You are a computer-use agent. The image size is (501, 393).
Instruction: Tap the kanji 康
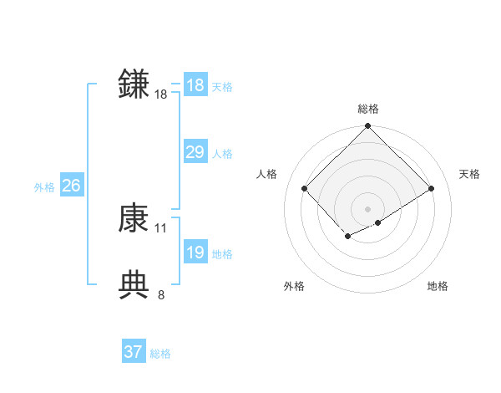134,218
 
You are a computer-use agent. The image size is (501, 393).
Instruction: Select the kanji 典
134,284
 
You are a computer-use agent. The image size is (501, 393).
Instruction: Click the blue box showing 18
195,85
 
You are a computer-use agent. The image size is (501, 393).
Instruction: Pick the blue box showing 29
195,152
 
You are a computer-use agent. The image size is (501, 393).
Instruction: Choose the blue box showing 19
195,253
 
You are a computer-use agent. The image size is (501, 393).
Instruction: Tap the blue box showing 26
71,186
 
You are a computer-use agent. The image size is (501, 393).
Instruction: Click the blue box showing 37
134,352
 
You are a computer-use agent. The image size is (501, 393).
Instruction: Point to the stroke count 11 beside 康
161,227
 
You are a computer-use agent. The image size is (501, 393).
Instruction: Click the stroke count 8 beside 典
161,294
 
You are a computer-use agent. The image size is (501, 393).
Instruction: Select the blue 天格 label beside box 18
222,86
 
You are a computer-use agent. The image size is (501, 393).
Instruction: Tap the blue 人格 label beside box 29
222,154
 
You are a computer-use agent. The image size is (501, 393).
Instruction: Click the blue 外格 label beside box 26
44,187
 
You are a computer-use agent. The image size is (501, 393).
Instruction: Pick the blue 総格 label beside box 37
160,354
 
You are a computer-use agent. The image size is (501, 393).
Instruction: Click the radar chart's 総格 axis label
367,109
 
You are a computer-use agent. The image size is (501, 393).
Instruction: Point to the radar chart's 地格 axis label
438,286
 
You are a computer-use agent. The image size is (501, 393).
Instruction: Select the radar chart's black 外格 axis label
294,286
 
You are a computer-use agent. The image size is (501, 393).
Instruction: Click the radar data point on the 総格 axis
367,126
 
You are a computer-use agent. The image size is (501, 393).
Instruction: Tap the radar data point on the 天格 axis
432,189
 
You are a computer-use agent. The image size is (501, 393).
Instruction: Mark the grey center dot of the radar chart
367,208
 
